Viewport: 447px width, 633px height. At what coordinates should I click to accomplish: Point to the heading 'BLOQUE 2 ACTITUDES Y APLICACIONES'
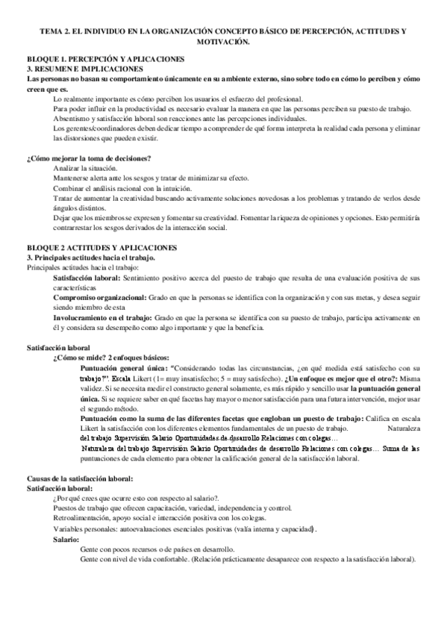coord(101,225)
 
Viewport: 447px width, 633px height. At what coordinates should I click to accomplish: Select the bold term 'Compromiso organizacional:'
coord(100,276)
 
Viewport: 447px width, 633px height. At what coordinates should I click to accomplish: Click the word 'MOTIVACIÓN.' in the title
coord(223,42)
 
